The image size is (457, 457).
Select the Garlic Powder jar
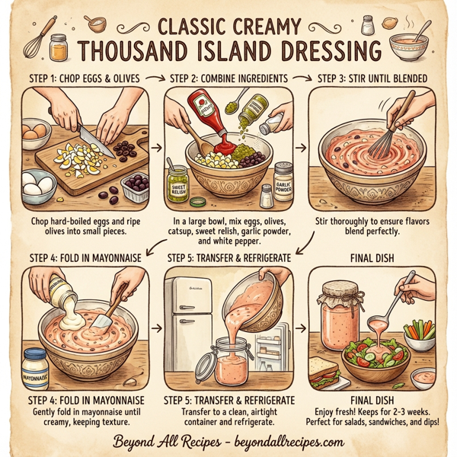pos(284,179)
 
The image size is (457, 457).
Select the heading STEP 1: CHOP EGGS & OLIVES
pos(76,78)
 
